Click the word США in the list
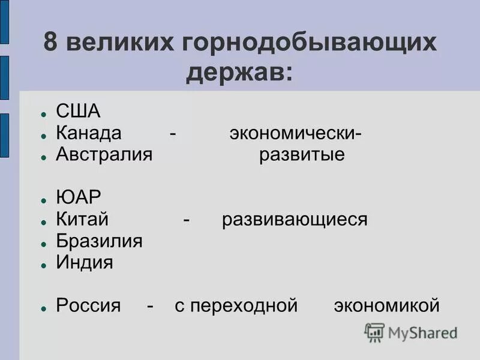tap(78, 112)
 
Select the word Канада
tap(89, 133)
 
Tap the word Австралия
tap(104, 154)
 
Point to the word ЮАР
tap(79, 197)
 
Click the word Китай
tap(82, 220)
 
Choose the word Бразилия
tap(99, 241)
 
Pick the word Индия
tap(85, 263)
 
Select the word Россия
tap(88, 305)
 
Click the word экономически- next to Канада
tap(295, 133)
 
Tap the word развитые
tap(302, 154)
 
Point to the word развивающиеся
tap(294, 220)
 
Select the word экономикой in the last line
tap(386, 305)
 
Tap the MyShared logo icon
tap(374, 332)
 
